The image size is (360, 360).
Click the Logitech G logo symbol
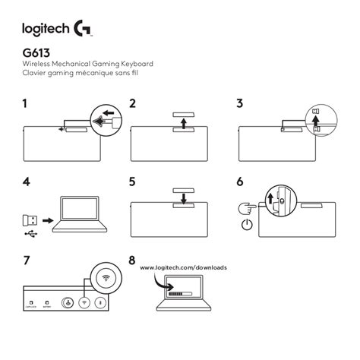[x=84, y=30]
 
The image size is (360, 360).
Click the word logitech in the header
[x=46, y=30]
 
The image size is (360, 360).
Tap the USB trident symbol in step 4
[x=29, y=234]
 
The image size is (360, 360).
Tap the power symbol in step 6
[x=247, y=226]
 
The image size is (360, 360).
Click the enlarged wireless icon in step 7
[x=105, y=279]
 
